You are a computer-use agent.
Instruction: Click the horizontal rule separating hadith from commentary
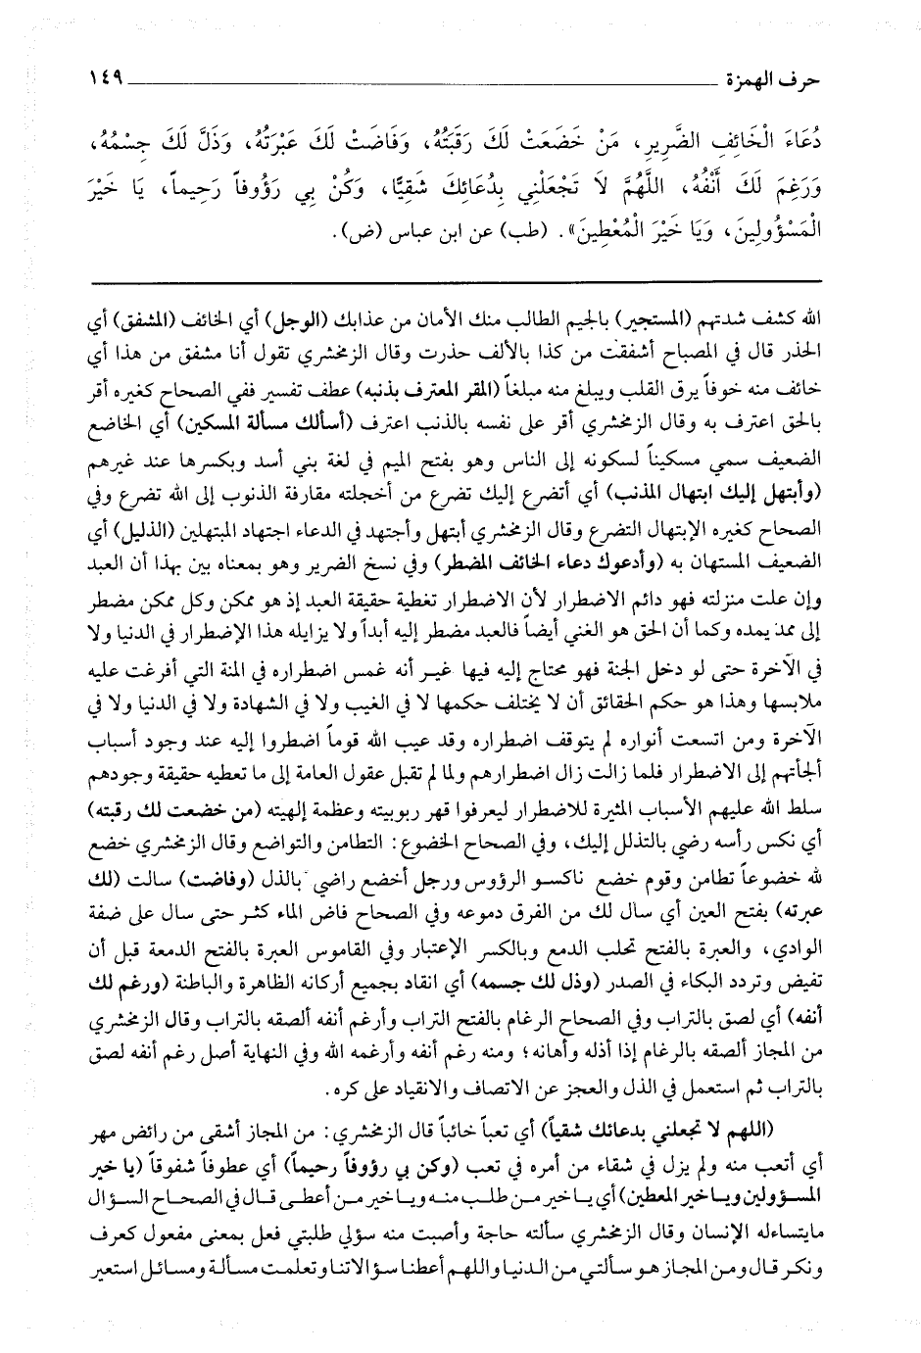(x=460, y=280)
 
